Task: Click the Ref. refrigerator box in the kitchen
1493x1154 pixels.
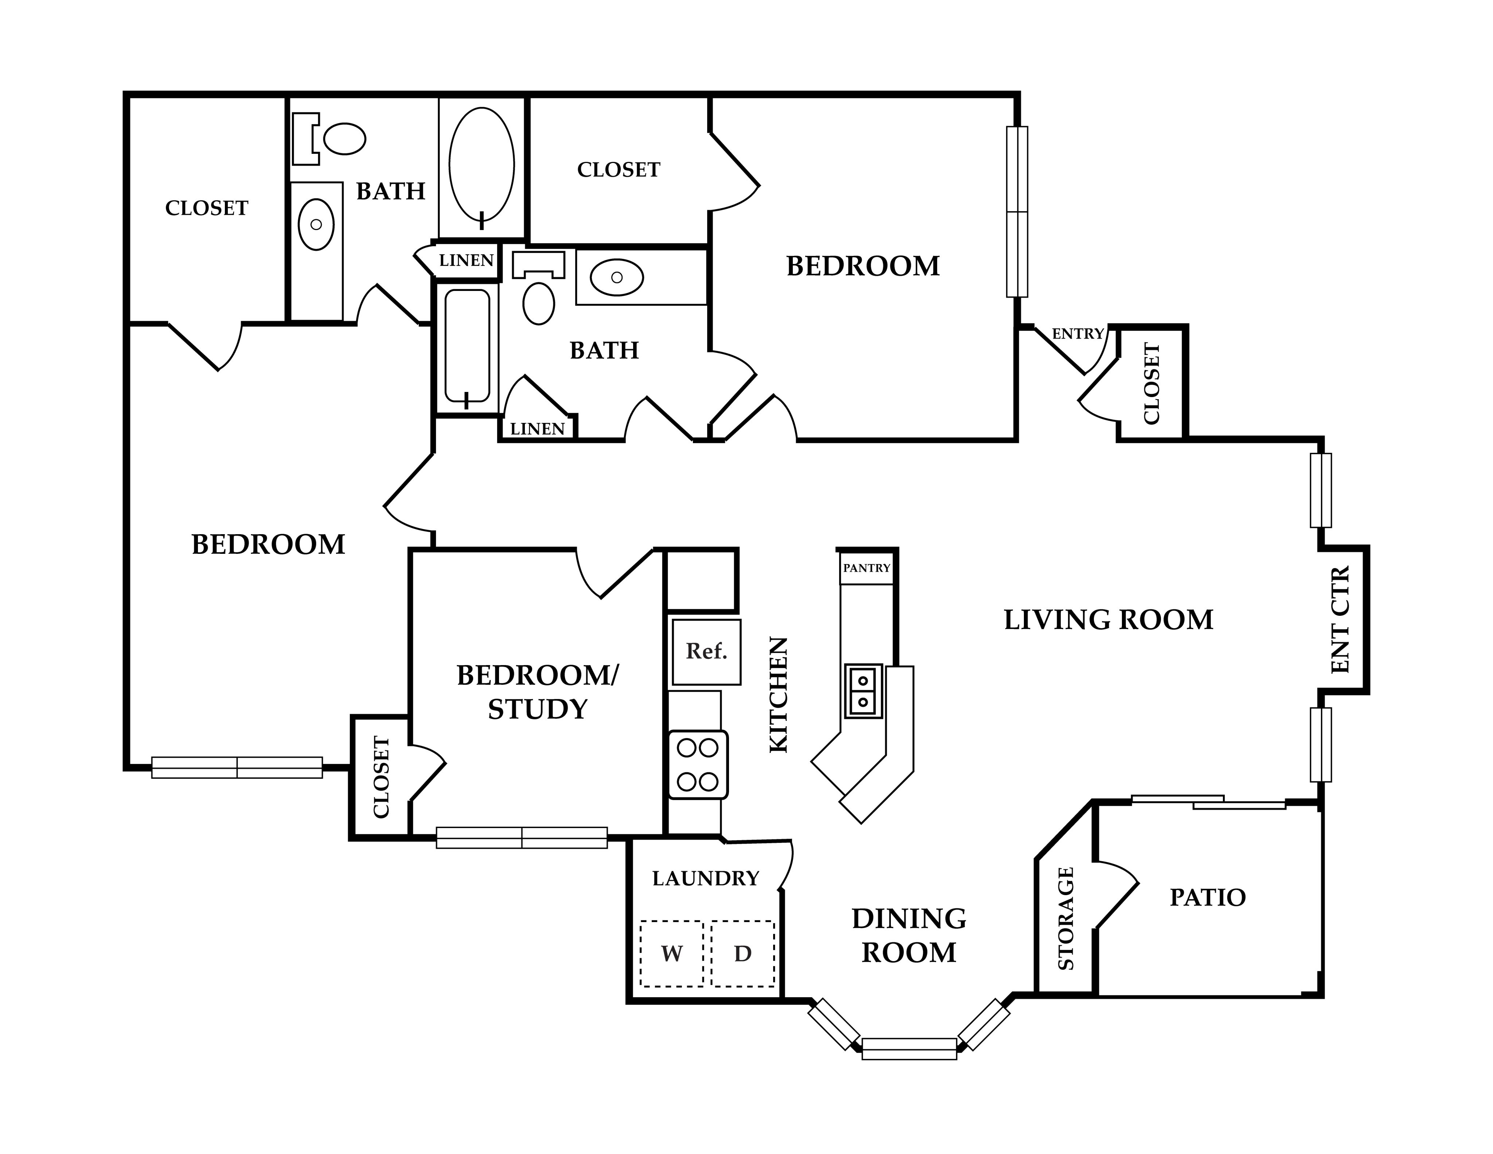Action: pos(706,652)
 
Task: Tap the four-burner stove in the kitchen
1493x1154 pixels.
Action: pos(697,764)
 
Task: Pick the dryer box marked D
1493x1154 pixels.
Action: pos(742,954)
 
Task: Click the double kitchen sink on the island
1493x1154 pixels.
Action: pos(864,691)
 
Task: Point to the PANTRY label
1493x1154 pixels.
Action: pos(867,568)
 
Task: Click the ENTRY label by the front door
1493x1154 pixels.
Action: pos(1077,334)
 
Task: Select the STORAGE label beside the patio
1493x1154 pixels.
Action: pos(1066,918)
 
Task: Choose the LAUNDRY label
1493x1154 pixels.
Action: pos(705,878)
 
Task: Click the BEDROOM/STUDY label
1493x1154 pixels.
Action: pos(537,692)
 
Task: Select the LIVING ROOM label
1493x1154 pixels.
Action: pos(1108,620)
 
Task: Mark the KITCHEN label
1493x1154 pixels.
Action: pos(779,695)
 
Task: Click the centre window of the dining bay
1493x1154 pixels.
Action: pos(909,1049)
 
